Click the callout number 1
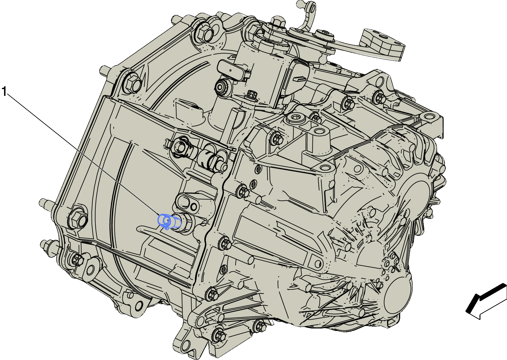point(4,91)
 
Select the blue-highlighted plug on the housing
point(169,221)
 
